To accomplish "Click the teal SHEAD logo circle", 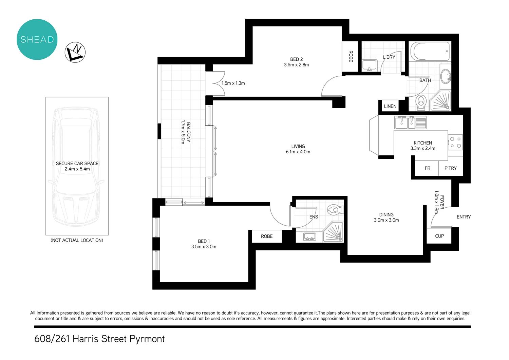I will click(x=37, y=40).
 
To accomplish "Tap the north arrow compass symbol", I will click(x=75, y=52).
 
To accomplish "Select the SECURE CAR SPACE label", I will click(x=77, y=164).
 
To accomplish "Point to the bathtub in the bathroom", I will click(x=430, y=52).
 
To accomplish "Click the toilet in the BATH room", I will click(x=421, y=102).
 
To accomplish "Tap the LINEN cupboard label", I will click(x=390, y=107).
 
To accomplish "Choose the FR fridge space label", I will click(x=427, y=168).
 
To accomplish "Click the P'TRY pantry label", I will click(x=450, y=168).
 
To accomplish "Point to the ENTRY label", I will click(x=464, y=217).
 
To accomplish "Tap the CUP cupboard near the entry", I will click(x=439, y=236).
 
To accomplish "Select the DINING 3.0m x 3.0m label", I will click(x=386, y=217).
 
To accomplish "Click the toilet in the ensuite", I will click(x=334, y=210).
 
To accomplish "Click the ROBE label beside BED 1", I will click(x=267, y=236).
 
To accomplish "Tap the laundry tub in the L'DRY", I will click(x=370, y=65).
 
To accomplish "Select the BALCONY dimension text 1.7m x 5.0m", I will click(x=183, y=132).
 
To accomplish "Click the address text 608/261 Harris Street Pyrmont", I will click(x=99, y=339).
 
